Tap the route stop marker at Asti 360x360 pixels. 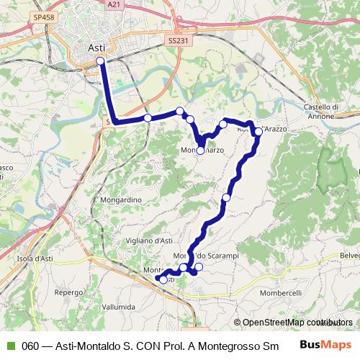pyautogui.click(x=100, y=61)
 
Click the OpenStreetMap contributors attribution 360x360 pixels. pyautogui.click(x=297, y=322)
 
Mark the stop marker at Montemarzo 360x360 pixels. pyautogui.click(x=201, y=150)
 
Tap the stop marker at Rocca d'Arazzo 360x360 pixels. pyautogui.click(x=258, y=132)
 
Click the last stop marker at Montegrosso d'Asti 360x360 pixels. pyautogui.click(x=163, y=279)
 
